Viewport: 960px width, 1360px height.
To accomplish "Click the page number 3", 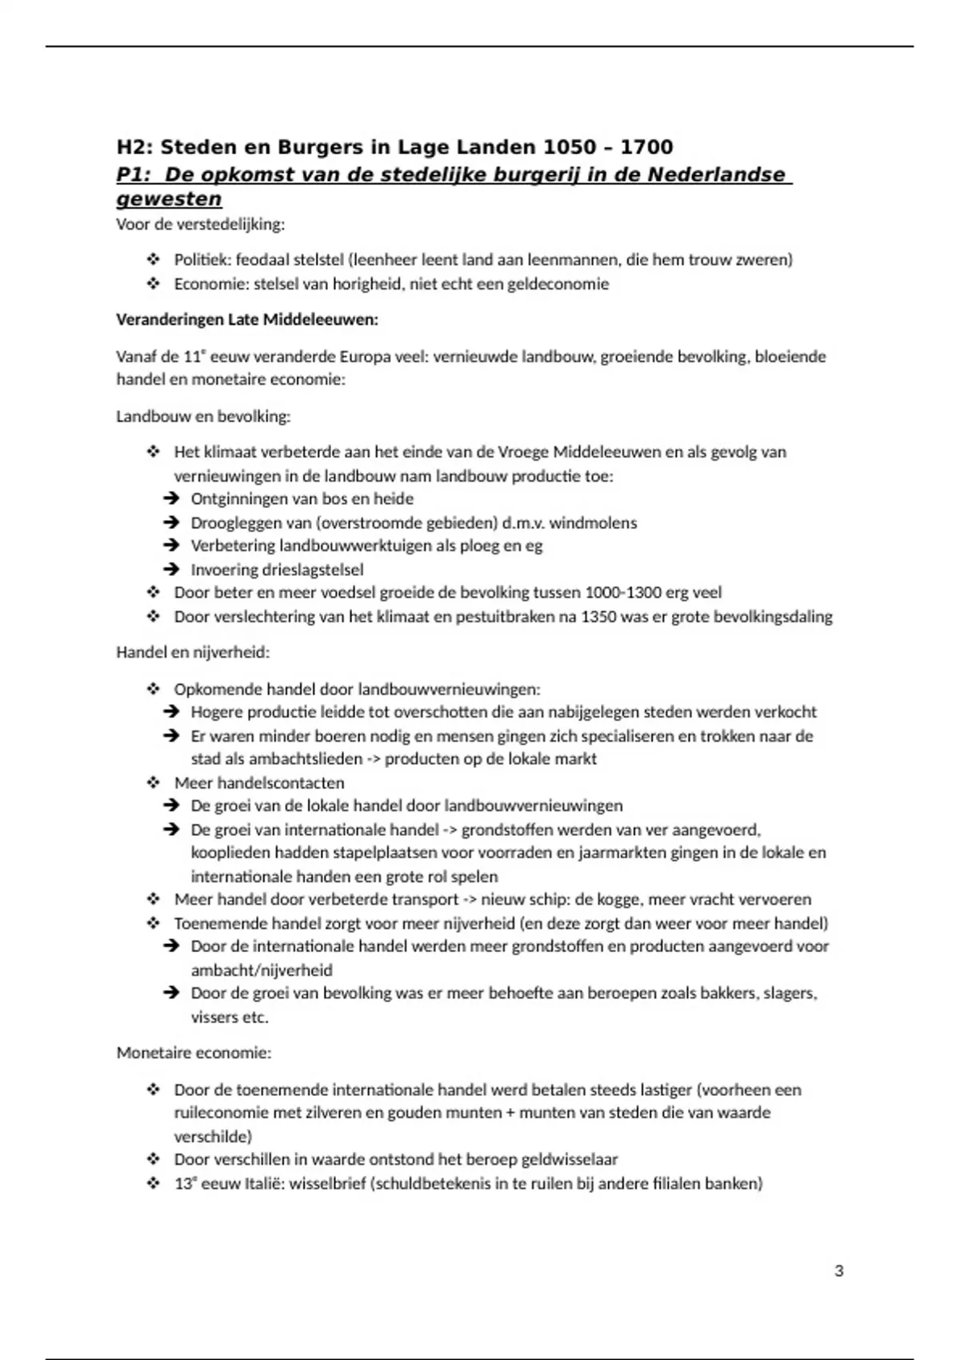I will click(x=838, y=1271).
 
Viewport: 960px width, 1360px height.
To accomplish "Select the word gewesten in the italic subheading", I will click(x=169, y=199).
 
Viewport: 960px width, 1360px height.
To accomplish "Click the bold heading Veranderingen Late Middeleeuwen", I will click(x=247, y=320).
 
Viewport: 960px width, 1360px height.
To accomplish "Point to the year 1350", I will click(x=599, y=617).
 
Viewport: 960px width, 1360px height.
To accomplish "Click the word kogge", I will click(x=619, y=899).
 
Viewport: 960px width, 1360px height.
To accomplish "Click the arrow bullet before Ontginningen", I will click(x=170, y=499).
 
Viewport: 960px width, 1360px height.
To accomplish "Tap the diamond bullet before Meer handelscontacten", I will click(x=154, y=782).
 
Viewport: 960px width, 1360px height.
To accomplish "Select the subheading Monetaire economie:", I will click(x=194, y=1053).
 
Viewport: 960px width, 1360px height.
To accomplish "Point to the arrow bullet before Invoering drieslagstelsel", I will click(x=170, y=570).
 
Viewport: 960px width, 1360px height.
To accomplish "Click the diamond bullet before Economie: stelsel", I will click(x=154, y=284).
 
